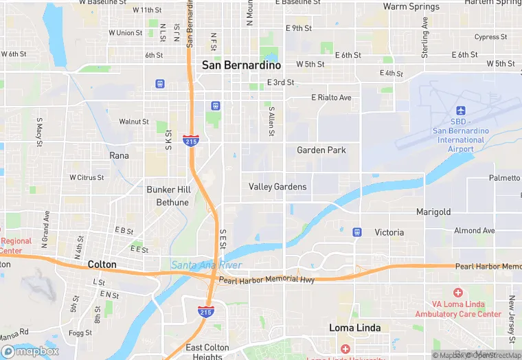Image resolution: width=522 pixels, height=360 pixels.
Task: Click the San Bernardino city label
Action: (x=241, y=65)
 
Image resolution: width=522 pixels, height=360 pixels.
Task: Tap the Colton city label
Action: (x=102, y=264)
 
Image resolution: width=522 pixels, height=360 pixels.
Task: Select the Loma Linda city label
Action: (x=355, y=328)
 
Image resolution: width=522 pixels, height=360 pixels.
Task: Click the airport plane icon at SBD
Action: (x=460, y=111)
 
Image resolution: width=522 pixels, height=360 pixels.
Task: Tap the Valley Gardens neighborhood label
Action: (x=277, y=187)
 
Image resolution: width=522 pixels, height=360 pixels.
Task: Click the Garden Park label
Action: (x=321, y=150)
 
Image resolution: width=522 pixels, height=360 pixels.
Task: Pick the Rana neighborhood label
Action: (x=119, y=155)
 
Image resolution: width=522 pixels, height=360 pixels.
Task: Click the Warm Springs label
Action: (x=411, y=7)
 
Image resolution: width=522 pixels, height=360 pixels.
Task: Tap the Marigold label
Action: (x=433, y=212)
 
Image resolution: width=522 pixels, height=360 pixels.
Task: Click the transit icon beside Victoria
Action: (x=356, y=232)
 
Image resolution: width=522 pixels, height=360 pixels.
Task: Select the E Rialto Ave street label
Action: (x=331, y=98)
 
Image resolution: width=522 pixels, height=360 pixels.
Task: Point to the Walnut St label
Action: (x=134, y=122)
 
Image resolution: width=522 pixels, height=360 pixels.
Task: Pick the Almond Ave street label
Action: (x=474, y=231)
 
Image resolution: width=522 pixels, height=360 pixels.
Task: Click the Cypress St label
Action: (x=490, y=37)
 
